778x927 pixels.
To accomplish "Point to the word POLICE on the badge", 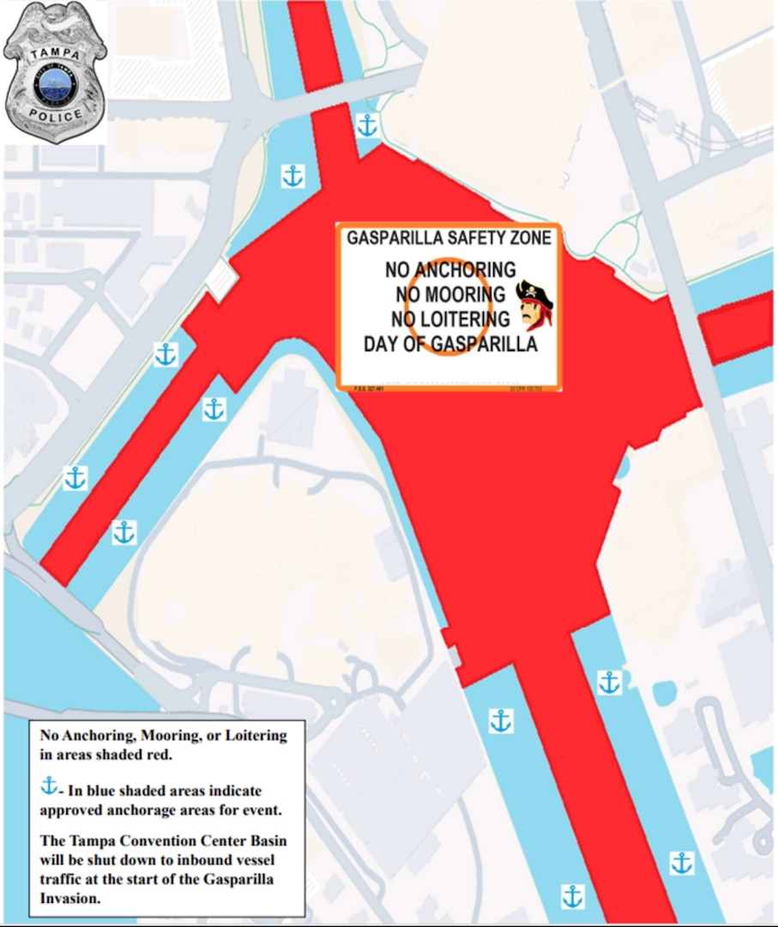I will [55, 114].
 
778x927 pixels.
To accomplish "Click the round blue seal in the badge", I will [55, 83].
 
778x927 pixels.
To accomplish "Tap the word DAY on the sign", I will [383, 345].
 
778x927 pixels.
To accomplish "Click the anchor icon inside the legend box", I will [50, 785].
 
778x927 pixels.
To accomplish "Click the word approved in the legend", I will [71, 809].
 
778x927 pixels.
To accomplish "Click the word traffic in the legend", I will [63, 877].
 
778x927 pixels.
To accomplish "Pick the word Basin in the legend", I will [264, 841].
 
